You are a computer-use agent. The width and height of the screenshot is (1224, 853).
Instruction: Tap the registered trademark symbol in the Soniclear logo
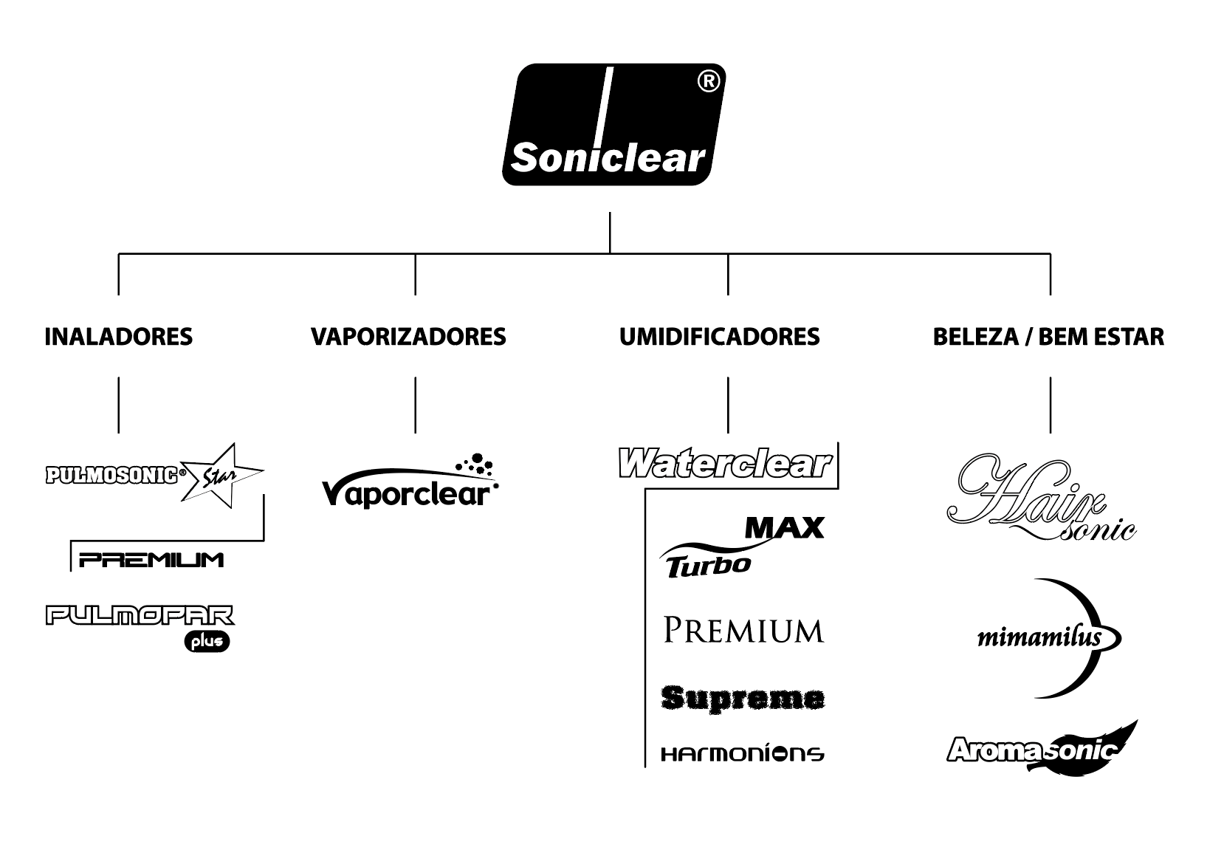pos(707,83)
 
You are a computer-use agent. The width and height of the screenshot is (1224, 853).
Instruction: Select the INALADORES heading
pos(119,337)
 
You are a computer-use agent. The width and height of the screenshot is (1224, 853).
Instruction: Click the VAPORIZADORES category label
pos(408,337)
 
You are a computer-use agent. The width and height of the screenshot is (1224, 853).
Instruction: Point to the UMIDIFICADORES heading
pos(719,337)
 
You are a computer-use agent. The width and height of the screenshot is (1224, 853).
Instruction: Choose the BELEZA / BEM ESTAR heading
pos(1048,337)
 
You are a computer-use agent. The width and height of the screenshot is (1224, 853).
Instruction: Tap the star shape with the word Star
pos(219,476)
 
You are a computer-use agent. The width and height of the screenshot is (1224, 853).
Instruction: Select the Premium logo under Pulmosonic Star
pos(151,559)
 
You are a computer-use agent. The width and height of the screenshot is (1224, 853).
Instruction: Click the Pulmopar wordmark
pos(140,615)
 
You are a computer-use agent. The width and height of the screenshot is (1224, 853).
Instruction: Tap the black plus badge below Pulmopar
pos(207,642)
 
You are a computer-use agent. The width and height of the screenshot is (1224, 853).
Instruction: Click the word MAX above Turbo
pos(784,527)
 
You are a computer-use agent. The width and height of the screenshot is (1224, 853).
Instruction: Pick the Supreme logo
pos(743,697)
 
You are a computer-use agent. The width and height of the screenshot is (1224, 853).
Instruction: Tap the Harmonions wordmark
pos(743,753)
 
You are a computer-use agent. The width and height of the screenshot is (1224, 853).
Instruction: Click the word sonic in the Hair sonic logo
pos(1097,529)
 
